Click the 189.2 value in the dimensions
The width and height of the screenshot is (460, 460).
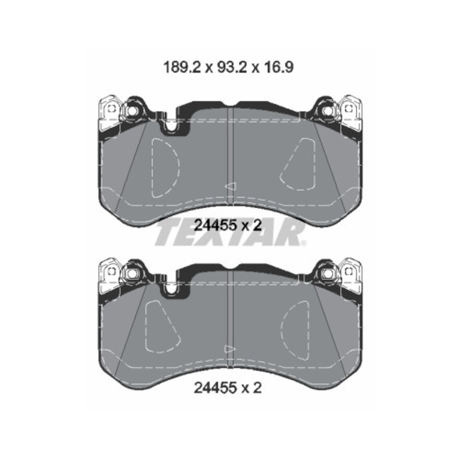pyautogui.click(x=182, y=68)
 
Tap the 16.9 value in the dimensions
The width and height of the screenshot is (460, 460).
pyautogui.click(x=277, y=68)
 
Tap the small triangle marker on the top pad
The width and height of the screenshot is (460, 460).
pyautogui.click(x=231, y=187)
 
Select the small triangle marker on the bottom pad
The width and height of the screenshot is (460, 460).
pyautogui.click(x=231, y=349)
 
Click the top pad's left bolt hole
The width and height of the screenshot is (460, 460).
pyautogui.click(x=132, y=111)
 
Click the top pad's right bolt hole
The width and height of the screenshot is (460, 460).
pyautogui.click(x=328, y=111)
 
